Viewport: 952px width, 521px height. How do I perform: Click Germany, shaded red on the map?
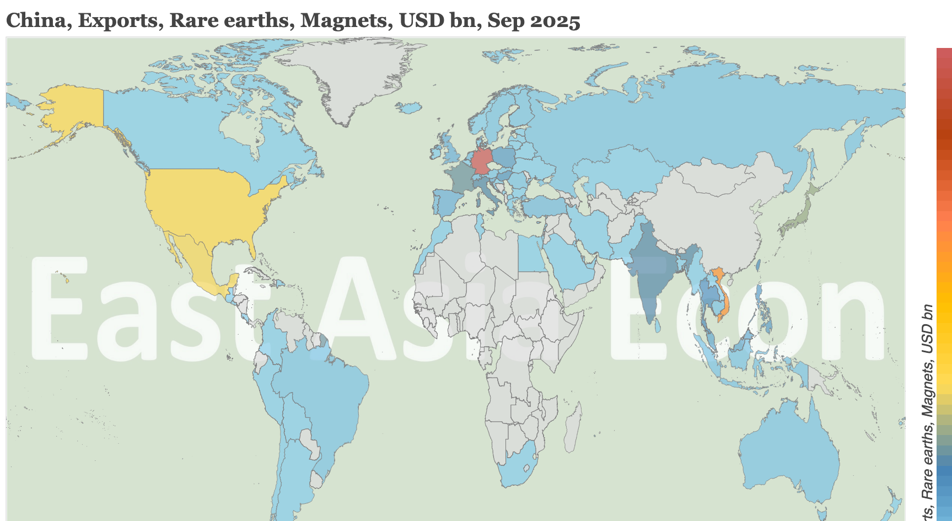482,160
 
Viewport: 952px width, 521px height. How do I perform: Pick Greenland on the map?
353,77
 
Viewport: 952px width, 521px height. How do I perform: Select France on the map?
459,176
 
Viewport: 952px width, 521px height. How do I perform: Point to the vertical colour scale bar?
944,276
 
